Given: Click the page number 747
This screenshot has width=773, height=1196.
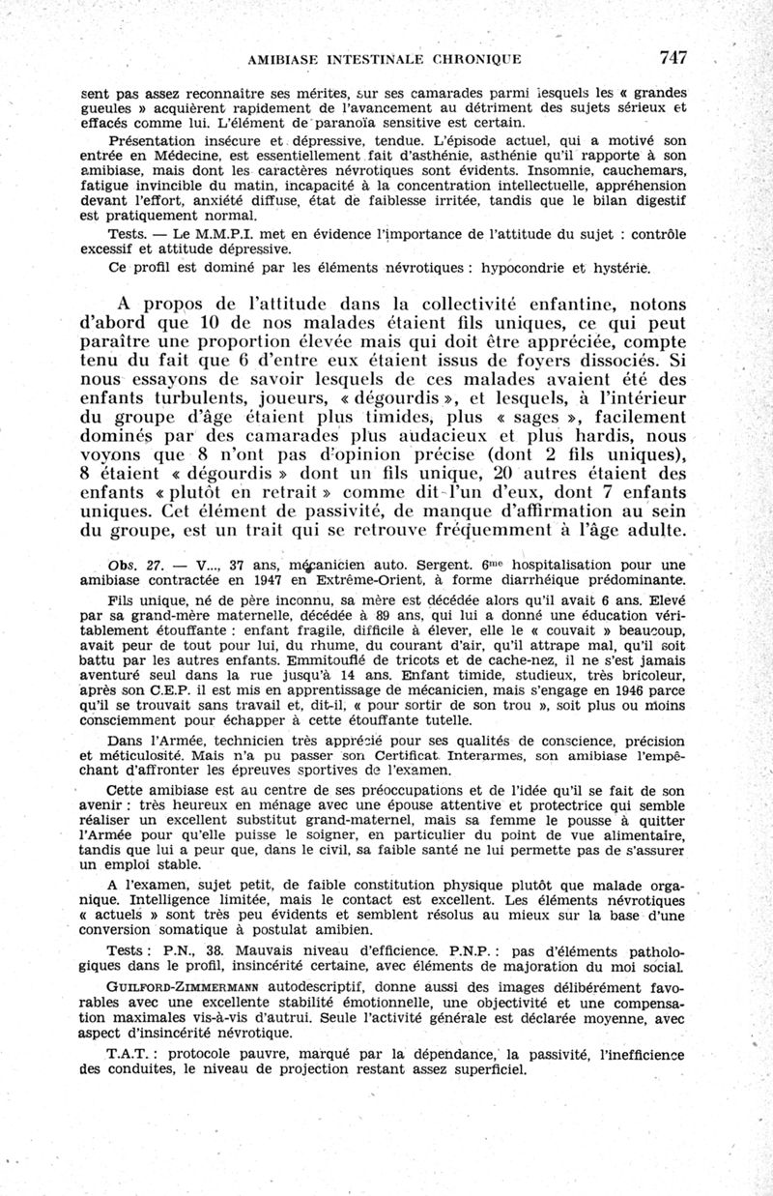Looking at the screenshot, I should point(669,57).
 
